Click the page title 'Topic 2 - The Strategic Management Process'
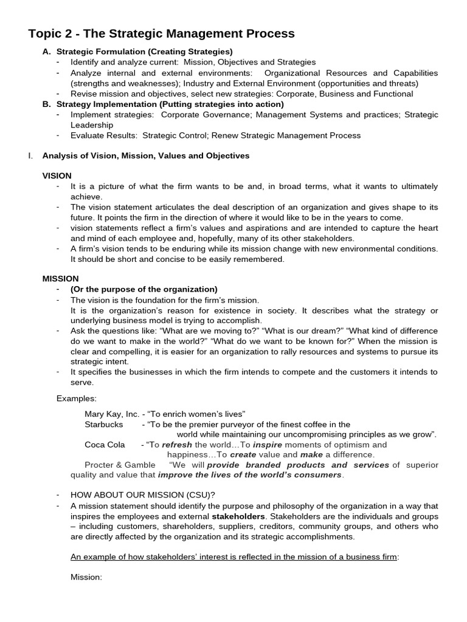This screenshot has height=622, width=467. tap(162, 34)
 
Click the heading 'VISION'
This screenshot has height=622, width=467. tap(57, 176)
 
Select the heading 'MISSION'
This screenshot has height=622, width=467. tap(60, 279)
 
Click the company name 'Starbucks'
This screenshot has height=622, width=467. tap(103, 424)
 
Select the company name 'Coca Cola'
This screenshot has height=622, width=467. tap(105, 445)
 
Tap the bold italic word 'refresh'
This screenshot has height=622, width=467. tap(177, 445)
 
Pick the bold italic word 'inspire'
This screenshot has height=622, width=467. tap(268, 445)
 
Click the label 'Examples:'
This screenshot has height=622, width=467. tap(77, 398)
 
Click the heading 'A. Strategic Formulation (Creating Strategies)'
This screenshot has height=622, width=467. tap(137, 52)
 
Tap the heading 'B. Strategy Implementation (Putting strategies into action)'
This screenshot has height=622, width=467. tap(163, 104)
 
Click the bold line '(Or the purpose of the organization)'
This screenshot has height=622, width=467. tap(144, 289)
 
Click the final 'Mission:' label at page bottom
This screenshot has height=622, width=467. tap(86, 577)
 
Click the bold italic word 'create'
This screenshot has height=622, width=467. tap(243, 454)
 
